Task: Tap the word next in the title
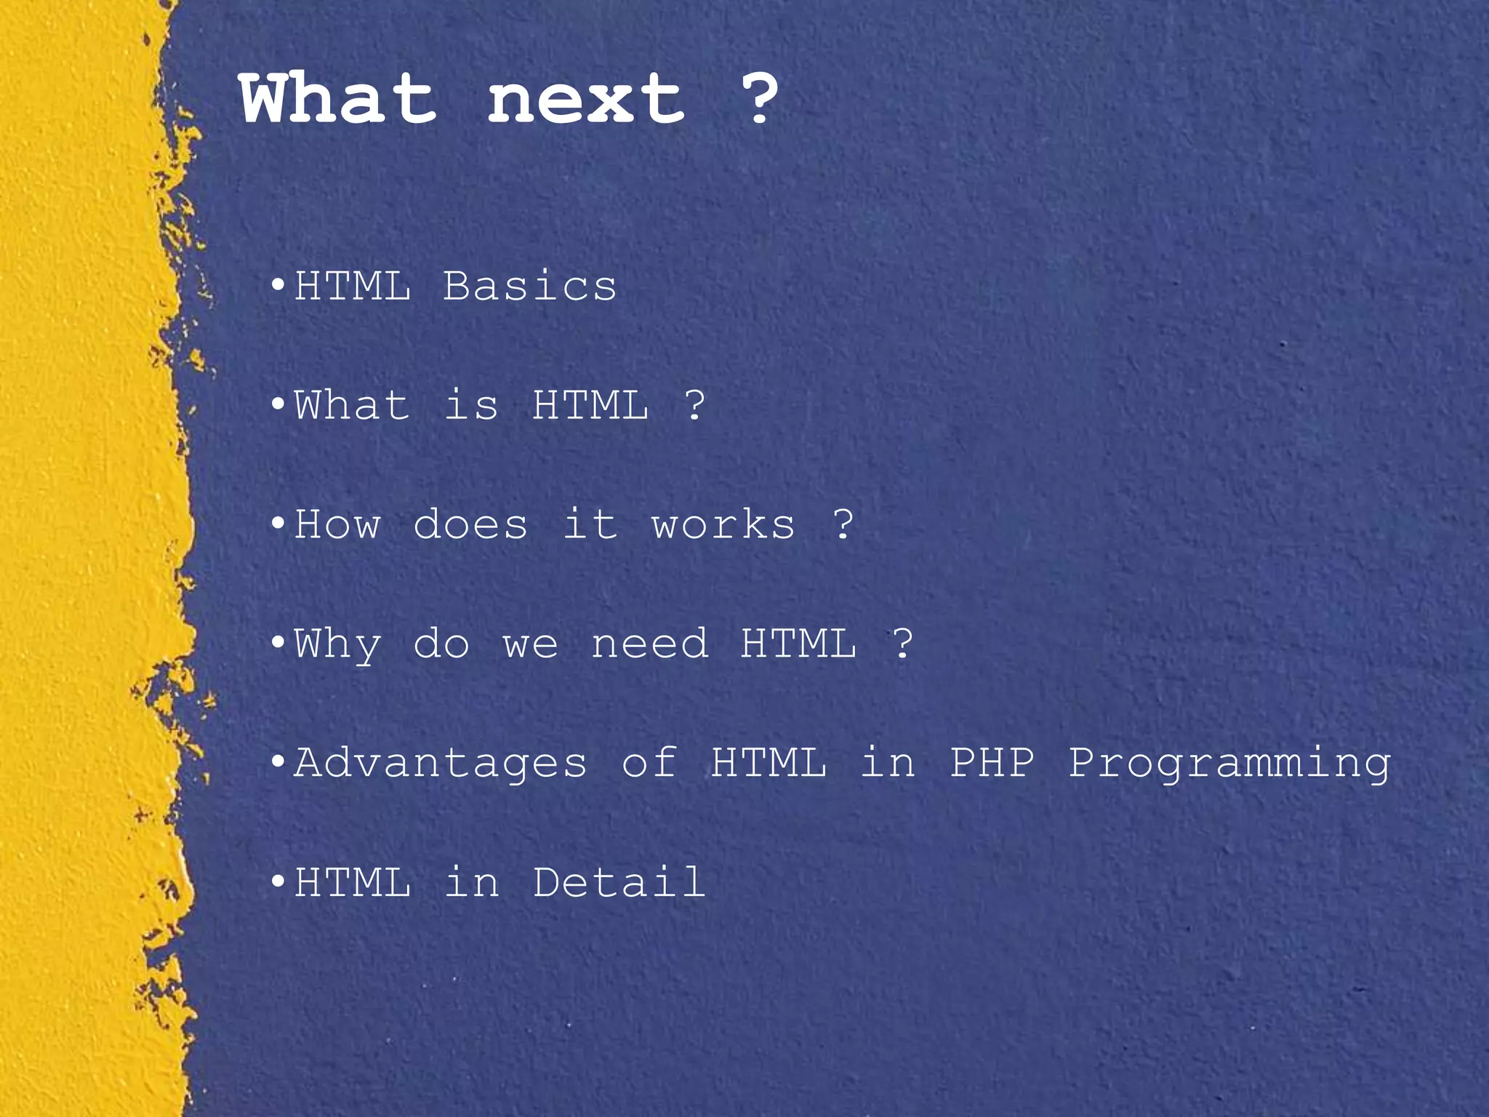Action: point(585,100)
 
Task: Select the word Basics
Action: point(530,286)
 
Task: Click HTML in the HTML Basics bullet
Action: point(353,286)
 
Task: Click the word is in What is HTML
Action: point(471,405)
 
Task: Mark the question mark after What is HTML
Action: point(695,405)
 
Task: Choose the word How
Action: point(337,524)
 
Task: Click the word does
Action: point(470,524)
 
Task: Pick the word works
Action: point(723,524)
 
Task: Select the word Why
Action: point(337,645)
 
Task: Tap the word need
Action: point(649,644)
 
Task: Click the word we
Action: point(531,645)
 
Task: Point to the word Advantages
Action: point(441,764)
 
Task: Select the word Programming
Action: point(1229,764)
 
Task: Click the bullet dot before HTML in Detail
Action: point(277,883)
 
